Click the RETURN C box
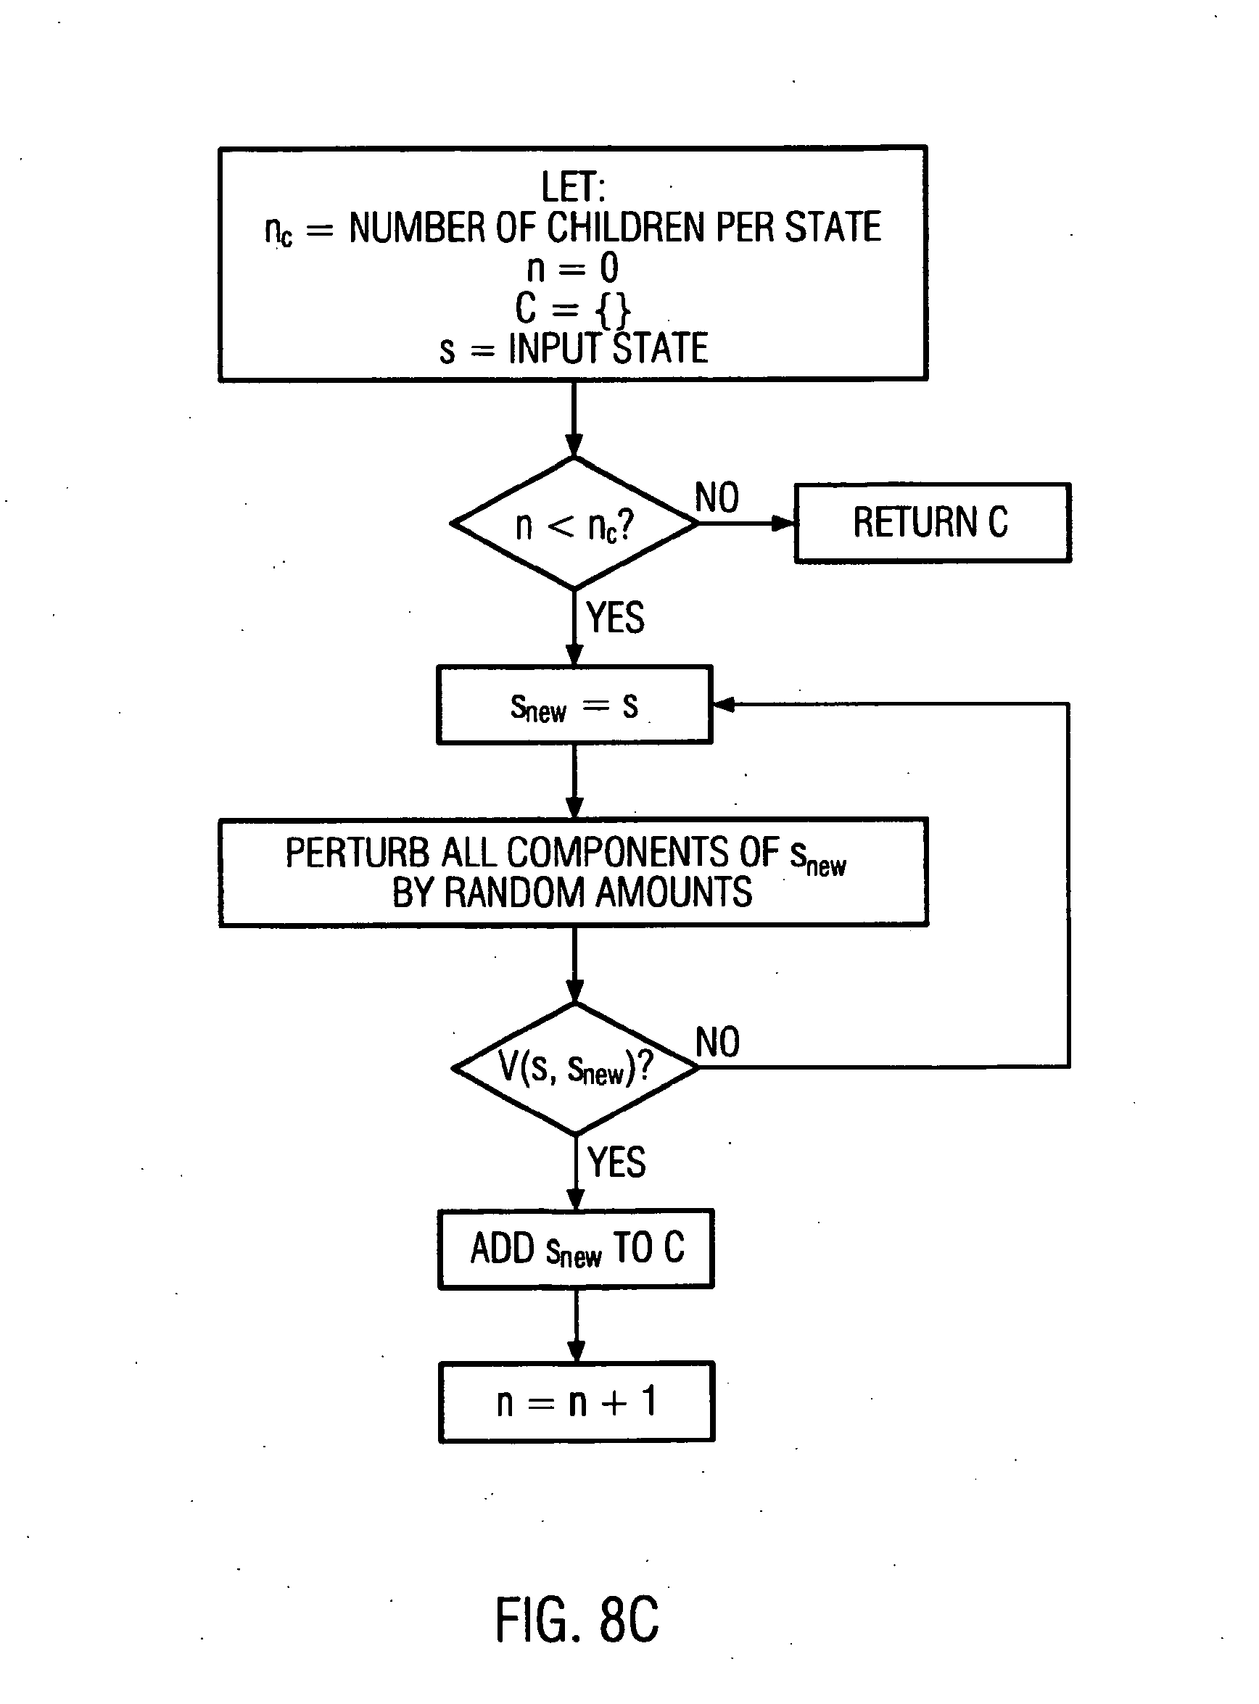pos(932,523)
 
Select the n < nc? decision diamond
pos(574,524)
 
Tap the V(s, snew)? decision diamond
pos(575,1067)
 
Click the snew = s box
pos(574,705)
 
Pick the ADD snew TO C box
pos(576,1249)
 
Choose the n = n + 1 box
pos(577,1402)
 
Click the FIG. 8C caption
pos(577,1618)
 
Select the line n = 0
pos(573,268)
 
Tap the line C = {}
pos(572,309)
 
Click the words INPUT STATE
pos(608,348)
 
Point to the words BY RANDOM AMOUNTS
pos(571,893)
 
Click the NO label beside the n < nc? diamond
pos(717,497)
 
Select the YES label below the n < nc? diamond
pos(615,617)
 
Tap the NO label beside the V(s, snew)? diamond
pos(718,1042)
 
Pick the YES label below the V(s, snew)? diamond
pos(616,1162)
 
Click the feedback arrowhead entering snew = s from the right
pos(724,704)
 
